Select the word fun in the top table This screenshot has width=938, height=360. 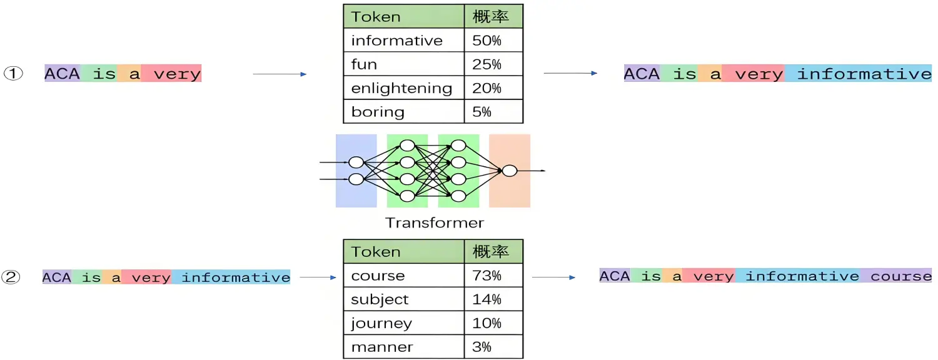point(364,64)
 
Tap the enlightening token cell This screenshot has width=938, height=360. point(401,88)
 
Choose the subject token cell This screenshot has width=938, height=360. point(380,299)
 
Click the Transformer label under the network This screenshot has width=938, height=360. point(435,222)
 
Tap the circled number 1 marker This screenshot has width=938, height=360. point(14,74)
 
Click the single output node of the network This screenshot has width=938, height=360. point(510,170)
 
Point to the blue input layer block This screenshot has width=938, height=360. point(356,170)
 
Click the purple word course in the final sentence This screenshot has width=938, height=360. point(900,276)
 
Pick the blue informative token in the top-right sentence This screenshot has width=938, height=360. point(864,74)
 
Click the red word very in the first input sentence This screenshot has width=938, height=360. point(177,74)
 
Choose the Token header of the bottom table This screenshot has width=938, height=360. point(375,252)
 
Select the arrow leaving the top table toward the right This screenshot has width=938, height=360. point(570,74)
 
